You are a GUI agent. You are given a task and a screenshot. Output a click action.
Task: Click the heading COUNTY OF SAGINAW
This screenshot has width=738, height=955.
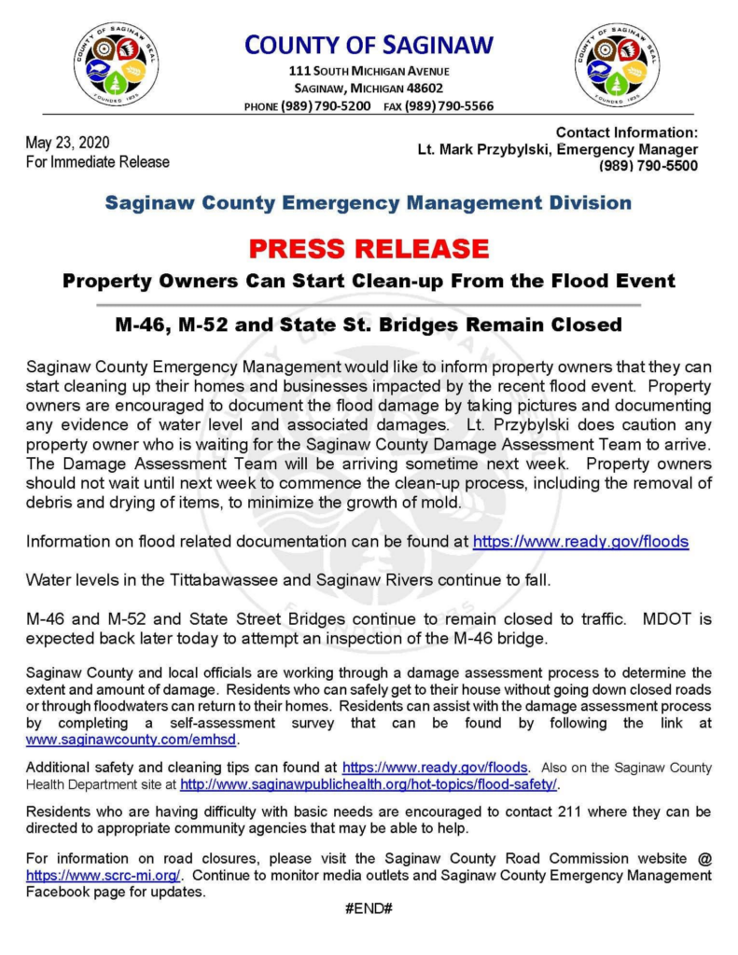[x=369, y=44]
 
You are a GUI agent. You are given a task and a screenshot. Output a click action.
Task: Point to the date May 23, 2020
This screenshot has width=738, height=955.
[x=68, y=143]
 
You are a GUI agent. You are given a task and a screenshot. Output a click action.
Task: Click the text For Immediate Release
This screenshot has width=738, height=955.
[x=98, y=161]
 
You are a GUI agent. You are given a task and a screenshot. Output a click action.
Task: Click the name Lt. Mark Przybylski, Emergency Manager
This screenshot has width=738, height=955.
[x=557, y=149]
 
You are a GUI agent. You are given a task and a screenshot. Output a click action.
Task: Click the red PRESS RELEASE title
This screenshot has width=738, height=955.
[x=369, y=249]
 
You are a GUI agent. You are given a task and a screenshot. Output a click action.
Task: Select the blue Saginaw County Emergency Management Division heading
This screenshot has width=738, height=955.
[x=369, y=202]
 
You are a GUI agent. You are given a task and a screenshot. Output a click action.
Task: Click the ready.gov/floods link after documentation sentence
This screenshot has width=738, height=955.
[x=581, y=541]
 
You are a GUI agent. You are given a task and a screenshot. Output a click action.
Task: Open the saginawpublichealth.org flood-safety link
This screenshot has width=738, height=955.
[x=369, y=784]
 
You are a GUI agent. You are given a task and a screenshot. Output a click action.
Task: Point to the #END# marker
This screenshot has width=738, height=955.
[x=369, y=907]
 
